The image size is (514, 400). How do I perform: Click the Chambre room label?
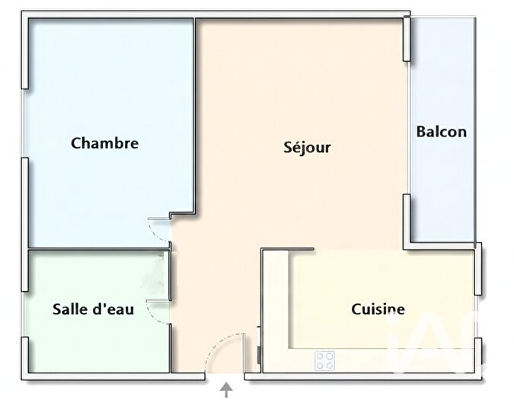[x=104, y=142]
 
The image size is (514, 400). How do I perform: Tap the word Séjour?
[x=307, y=147]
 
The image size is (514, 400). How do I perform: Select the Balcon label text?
[x=441, y=131]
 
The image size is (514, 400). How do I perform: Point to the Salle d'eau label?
[x=93, y=309]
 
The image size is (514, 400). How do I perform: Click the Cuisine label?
[x=378, y=309]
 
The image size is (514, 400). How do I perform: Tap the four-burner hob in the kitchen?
[x=325, y=359]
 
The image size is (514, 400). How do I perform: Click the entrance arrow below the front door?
[x=226, y=390]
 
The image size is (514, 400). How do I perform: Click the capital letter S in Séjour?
[x=288, y=147]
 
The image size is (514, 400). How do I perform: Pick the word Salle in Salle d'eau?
[x=69, y=309]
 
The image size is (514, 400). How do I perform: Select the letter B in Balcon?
[x=421, y=131]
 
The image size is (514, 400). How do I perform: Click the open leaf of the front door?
[x=244, y=353]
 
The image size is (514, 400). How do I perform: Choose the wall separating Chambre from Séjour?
[x=195, y=114]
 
